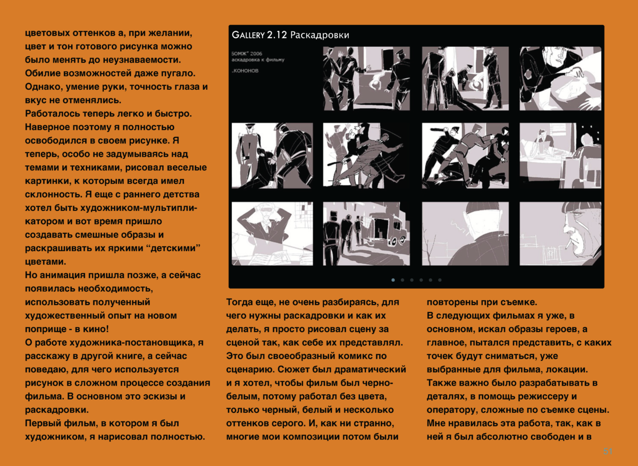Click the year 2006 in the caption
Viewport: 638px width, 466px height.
pos(255,54)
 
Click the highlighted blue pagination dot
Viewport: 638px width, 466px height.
pos(393,279)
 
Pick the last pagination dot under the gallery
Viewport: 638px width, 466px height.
pos(440,279)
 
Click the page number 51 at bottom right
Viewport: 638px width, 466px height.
pos(607,452)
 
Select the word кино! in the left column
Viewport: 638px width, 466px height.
pos(97,329)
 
